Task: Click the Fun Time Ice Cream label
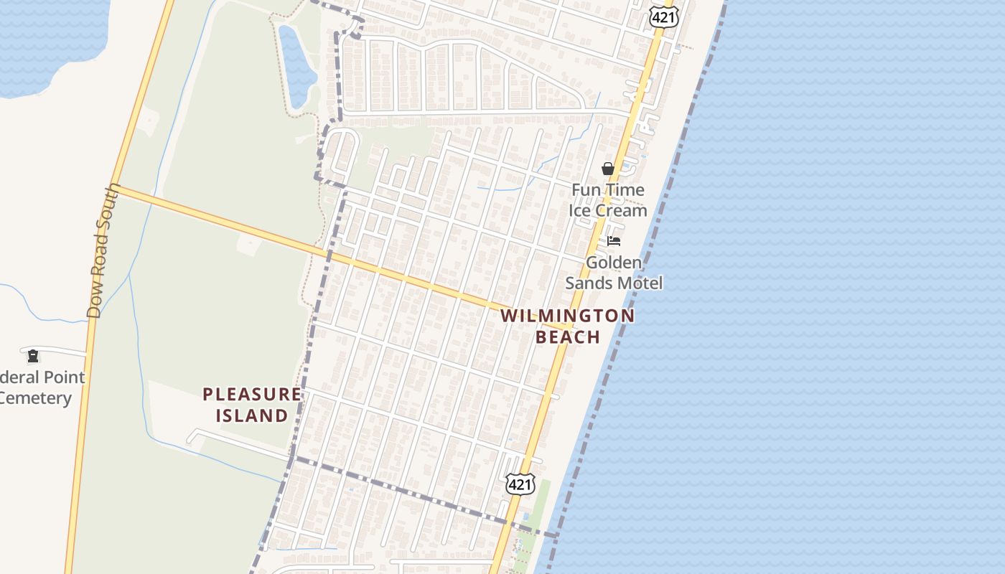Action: pyautogui.click(x=607, y=200)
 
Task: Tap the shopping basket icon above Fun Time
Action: pyautogui.click(x=608, y=169)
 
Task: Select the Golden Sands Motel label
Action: pyautogui.click(x=614, y=273)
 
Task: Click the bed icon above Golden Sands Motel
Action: pyautogui.click(x=614, y=241)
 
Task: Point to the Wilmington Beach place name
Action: pyautogui.click(x=568, y=326)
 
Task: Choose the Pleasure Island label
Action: pyautogui.click(x=252, y=405)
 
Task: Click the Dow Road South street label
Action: pyautogui.click(x=103, y=250)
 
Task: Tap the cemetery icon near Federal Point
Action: pyautogui.click(x=33, y=355)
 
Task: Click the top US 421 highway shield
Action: pyautogui.click(x=664, y=17)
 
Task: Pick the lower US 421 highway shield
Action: pyautogui.click(x=520, y=484)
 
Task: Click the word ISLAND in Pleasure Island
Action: pyautogui.click(x=252, y=415)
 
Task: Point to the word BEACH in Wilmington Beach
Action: pyautogui.click(x=568, y=337)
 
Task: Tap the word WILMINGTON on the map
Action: pyautogui.click(x=568, y=316)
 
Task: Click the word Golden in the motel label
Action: pyautogui.click(x=614, y=263)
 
